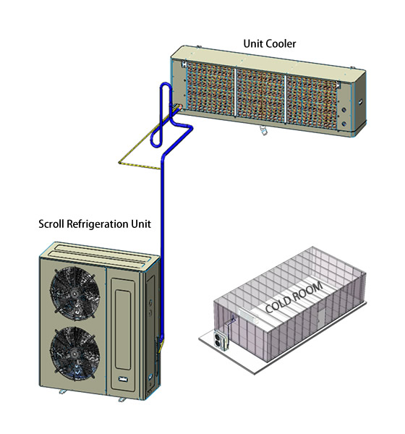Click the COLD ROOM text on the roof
coord(294,297)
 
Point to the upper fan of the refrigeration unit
coord(74,292)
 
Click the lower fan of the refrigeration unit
coord(74,353)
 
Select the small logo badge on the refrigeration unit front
coord(123,379)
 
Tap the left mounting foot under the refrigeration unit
coord(62,391)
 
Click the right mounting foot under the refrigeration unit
coord(121,400)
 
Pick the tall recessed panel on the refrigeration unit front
coord(123,330)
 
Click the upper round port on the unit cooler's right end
coord(344,110)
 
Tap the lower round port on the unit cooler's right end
coord(344,124)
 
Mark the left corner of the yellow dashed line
coord(119,163)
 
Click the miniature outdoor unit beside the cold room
coord(221,340)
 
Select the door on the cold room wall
coord(321,317)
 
